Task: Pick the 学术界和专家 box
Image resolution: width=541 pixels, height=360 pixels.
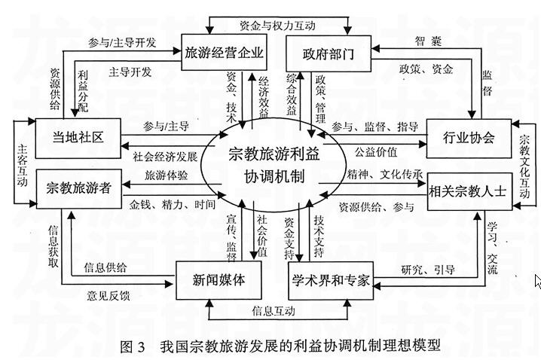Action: click(331, 279)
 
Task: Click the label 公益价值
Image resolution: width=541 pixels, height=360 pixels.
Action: click(376, 152)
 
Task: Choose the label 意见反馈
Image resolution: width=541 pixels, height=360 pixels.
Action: click(108, 296)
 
